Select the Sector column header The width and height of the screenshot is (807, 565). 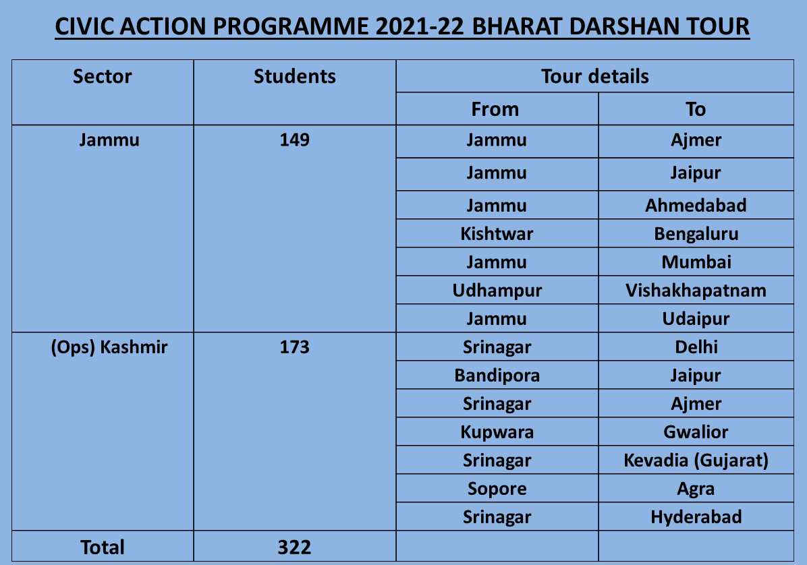tap(103, 76)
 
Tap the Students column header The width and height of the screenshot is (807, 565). tap(294, 76)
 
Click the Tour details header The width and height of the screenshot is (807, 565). tap(595, 76)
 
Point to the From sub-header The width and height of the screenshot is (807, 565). tap(495, 109)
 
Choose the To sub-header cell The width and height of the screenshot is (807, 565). tap(696, 109)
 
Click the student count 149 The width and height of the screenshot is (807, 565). tap(294, 140)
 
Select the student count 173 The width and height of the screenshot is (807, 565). tap(294, 347)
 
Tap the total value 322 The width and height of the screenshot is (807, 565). tap(294, 547)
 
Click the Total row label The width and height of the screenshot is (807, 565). tap(103, 547)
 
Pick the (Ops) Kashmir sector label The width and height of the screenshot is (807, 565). tap(109, 347)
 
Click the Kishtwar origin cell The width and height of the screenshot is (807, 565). tap(497, 234)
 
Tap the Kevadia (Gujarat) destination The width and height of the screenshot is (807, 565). tap(696, 460)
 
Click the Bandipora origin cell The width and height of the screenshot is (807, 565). tap(497, 376)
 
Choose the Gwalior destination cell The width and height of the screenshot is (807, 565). tap(696, 432)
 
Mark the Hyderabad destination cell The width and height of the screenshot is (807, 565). tap(696, 517)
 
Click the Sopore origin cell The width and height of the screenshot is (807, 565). tap(497, 489)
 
